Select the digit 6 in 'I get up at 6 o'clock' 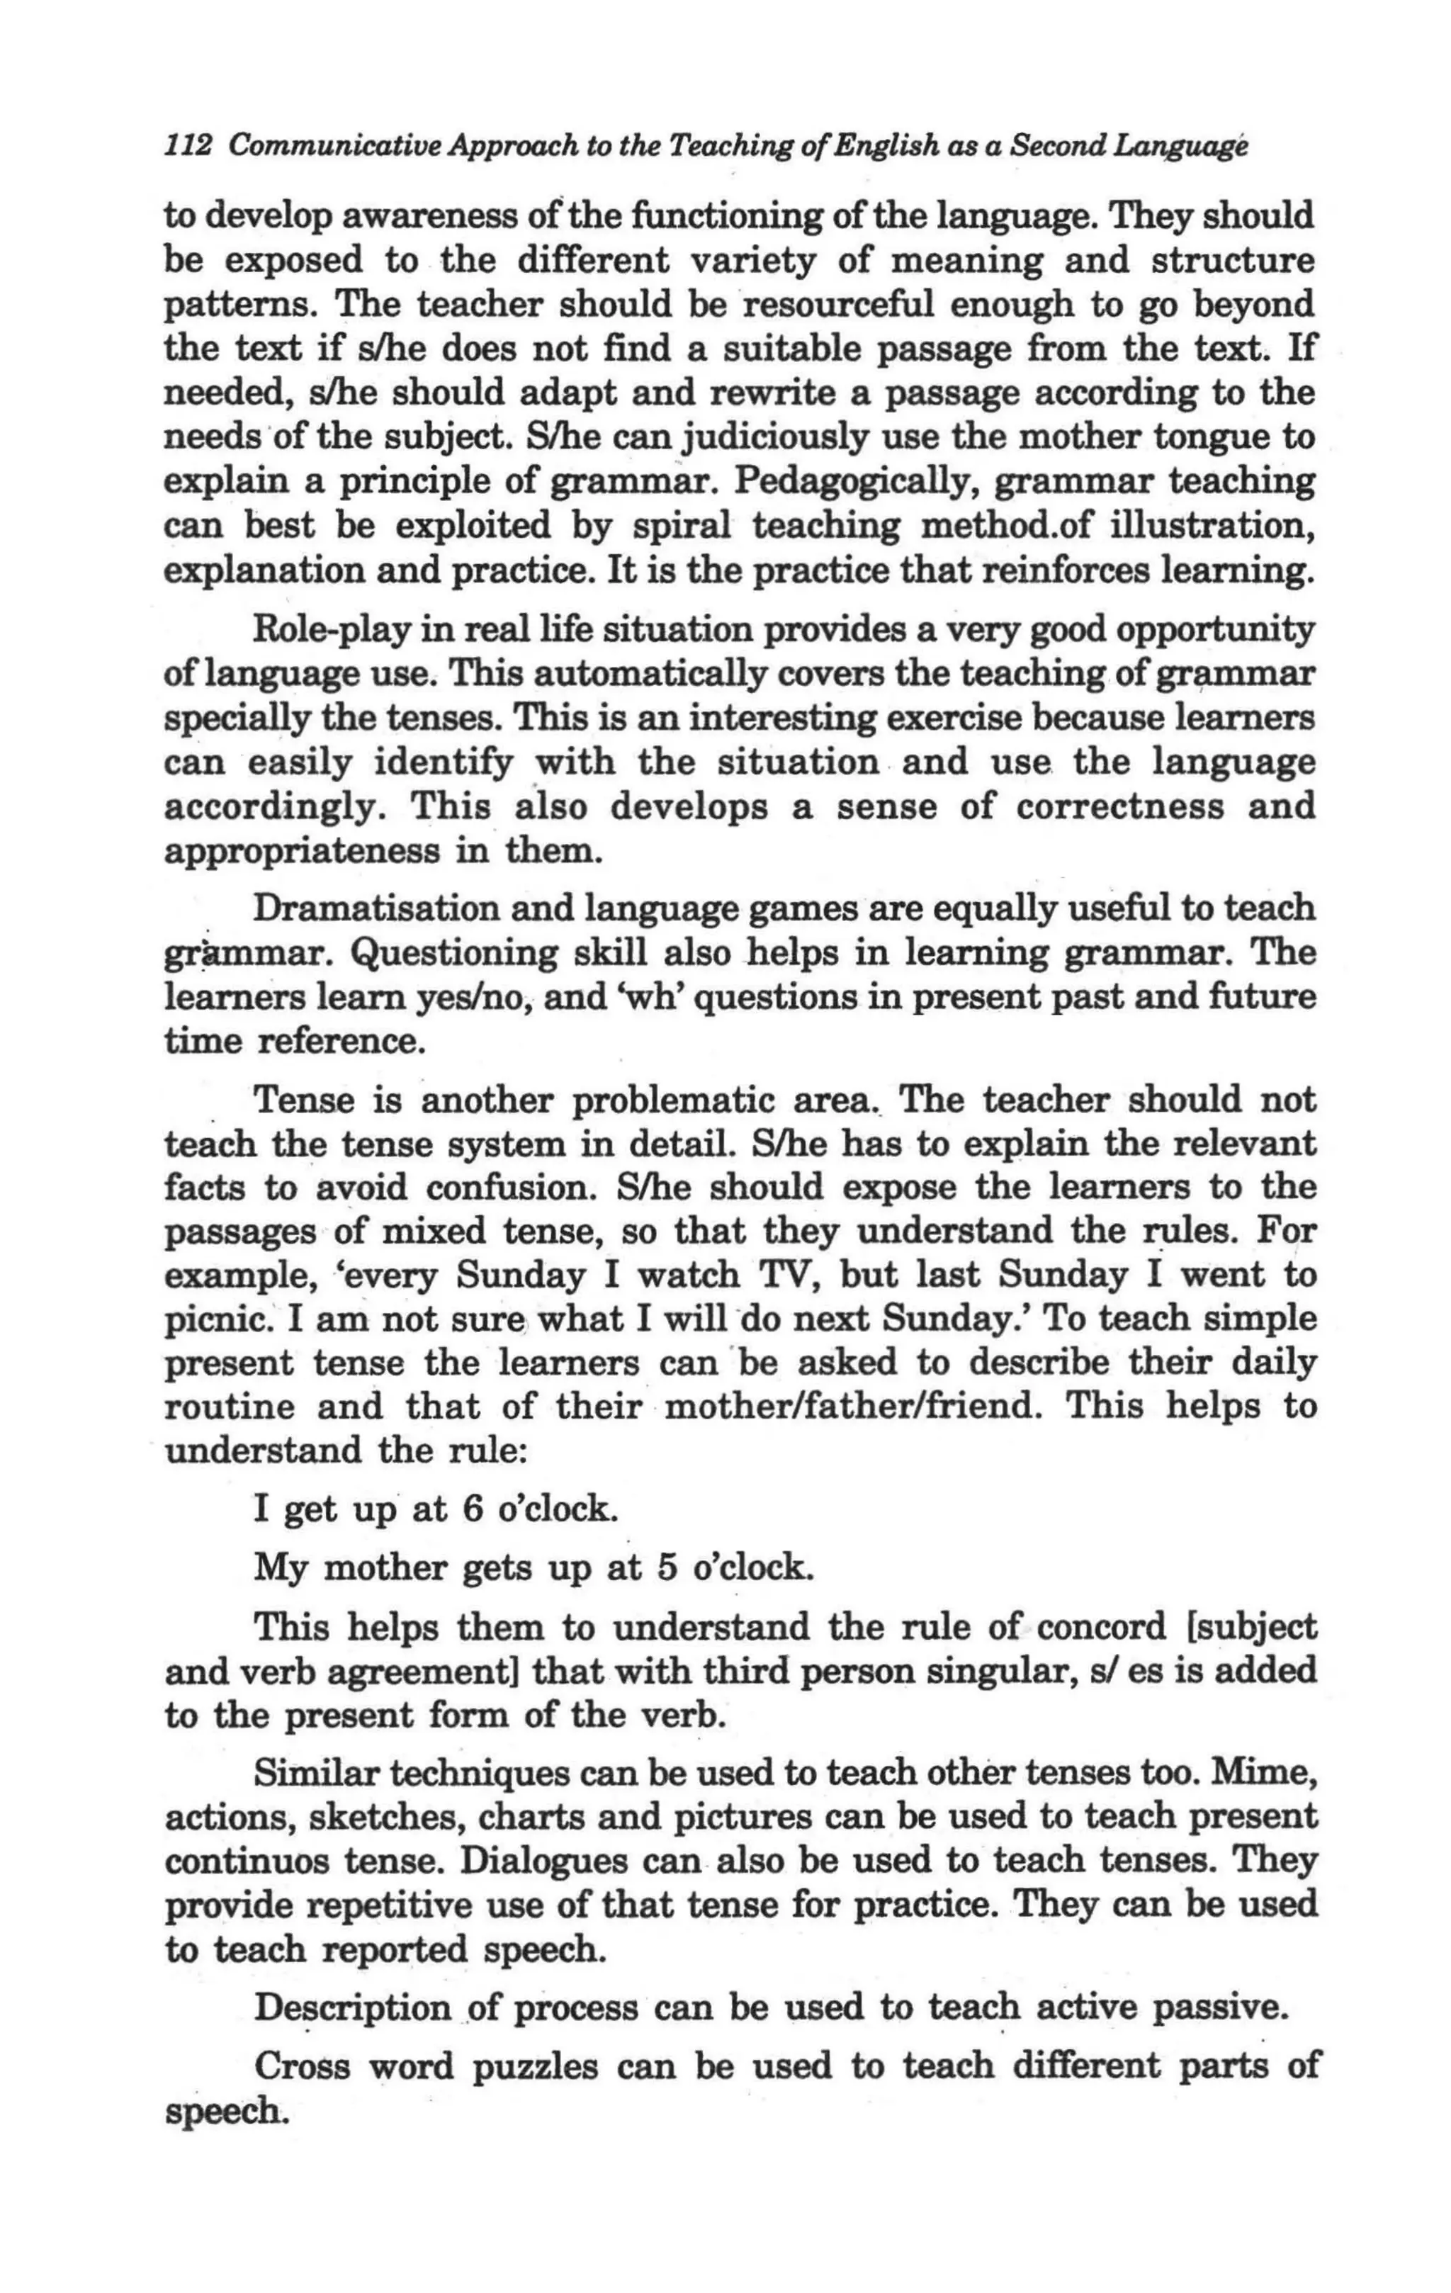pos(473,1510)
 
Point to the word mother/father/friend pos(852,1407)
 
